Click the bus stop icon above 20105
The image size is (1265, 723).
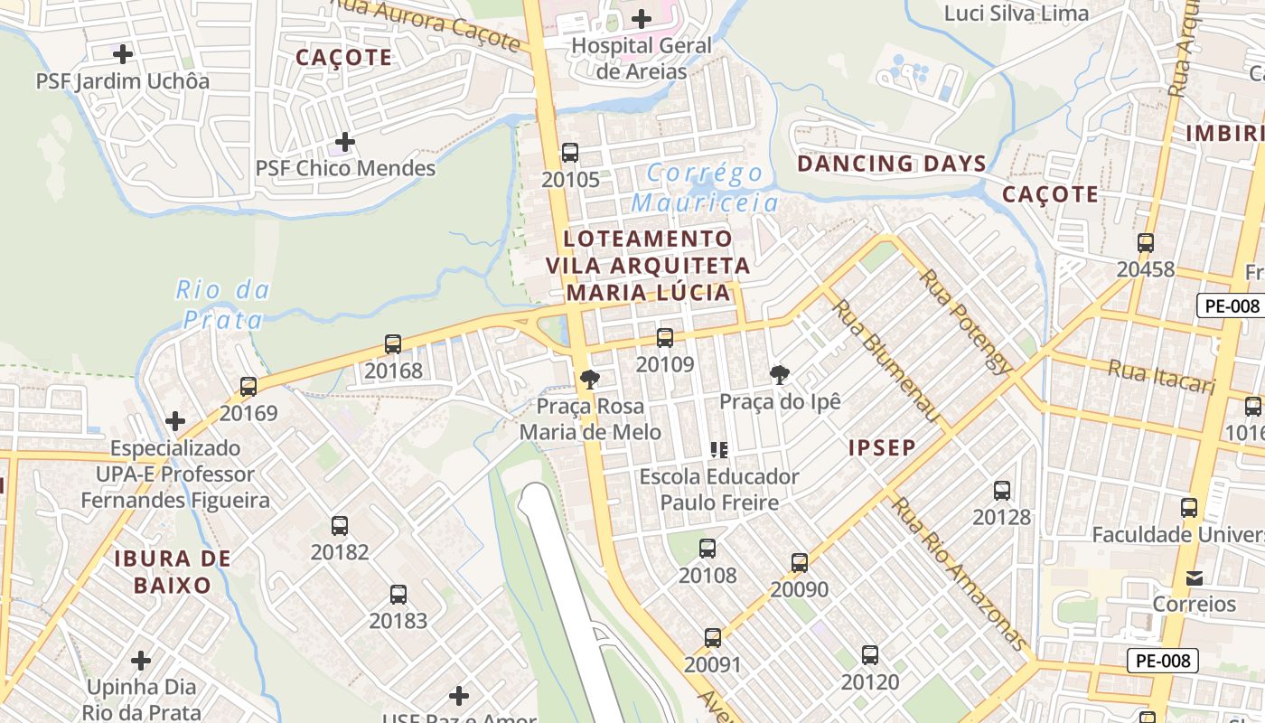(569, 153)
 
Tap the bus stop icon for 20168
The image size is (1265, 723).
(393, 344)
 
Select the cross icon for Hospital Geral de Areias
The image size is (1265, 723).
(642, 18)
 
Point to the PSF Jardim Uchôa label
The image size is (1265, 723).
(123, 81)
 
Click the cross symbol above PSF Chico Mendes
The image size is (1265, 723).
(344, 142)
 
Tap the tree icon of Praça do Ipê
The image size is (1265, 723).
(779, 375)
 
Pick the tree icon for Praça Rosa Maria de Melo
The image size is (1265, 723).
(590, 380)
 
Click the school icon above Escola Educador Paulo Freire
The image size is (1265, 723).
(719, 449)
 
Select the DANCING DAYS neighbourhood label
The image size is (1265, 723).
(892, 164)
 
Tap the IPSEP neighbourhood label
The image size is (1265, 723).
(882, 447)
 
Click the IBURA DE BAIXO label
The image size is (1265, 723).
(173, 571)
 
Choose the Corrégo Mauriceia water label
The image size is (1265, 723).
(705, 188)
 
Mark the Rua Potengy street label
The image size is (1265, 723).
(966, 321)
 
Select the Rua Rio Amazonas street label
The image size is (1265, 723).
(960, 573)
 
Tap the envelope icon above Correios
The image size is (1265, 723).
(1194, 577)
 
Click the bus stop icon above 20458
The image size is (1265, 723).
(1146, 243)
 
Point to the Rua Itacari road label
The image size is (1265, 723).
(1162, 376)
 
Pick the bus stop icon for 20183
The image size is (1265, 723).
(398, 595)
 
